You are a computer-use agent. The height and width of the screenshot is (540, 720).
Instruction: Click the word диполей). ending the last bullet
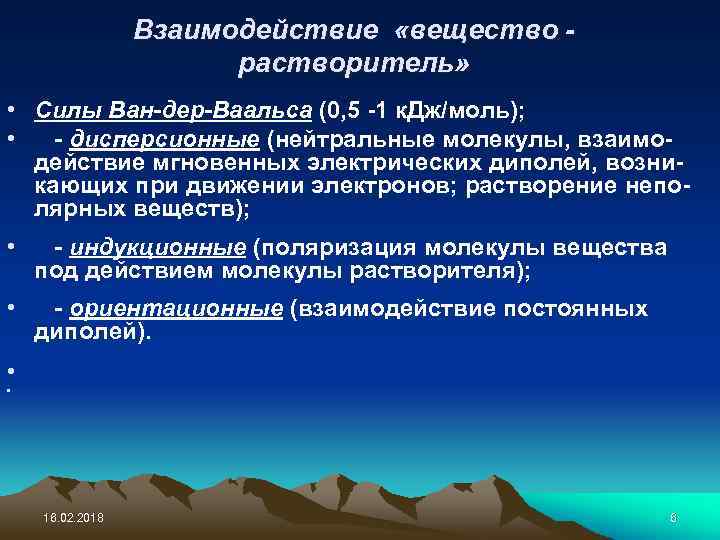93,334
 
